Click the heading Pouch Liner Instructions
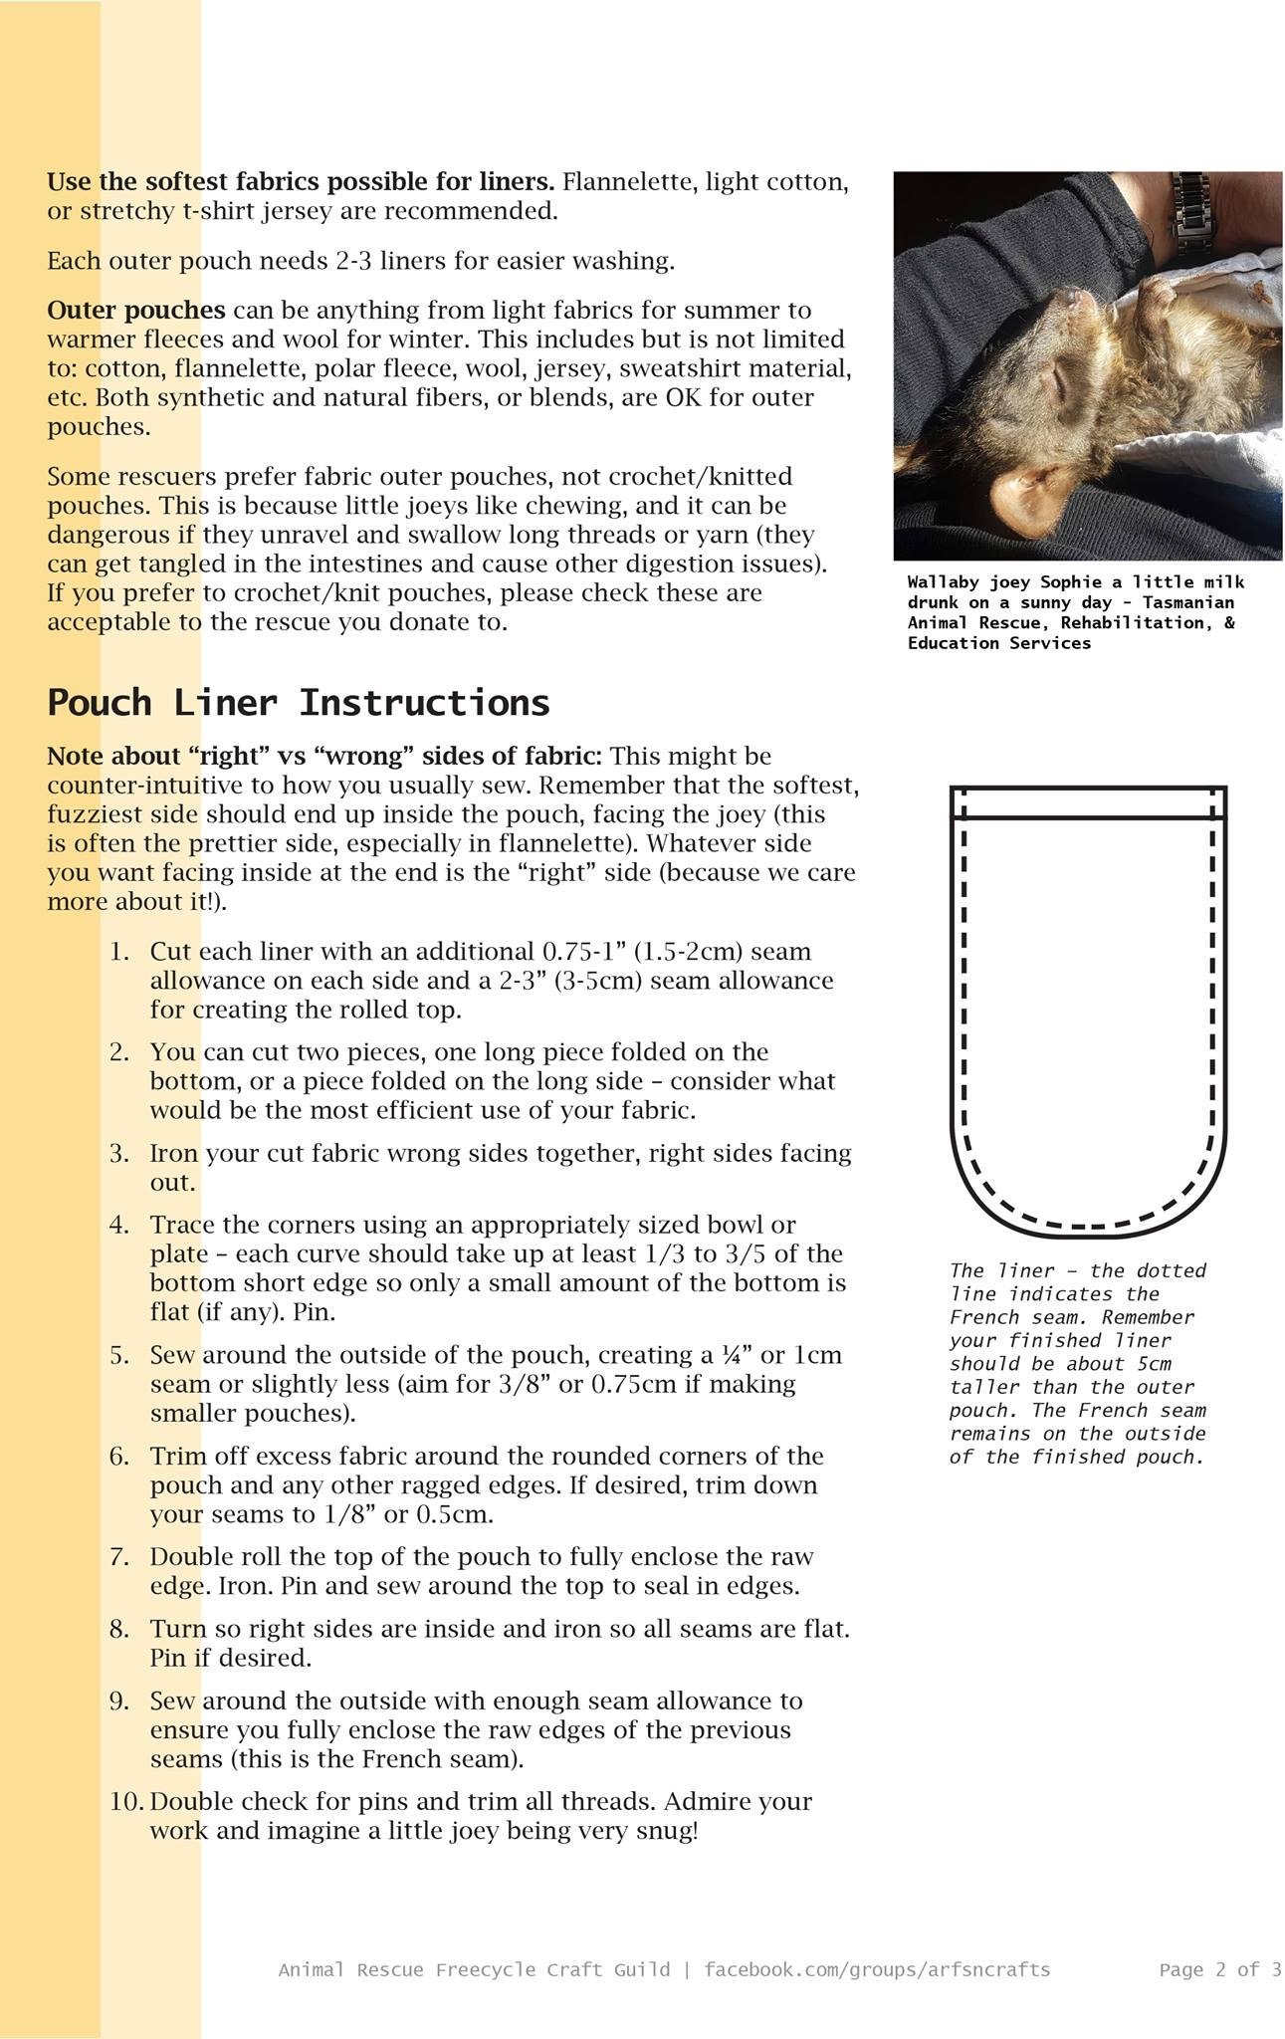(298, 703)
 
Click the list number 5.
(119, 1355)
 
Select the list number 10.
(126, 1801)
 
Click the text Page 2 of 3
(1219, 1969)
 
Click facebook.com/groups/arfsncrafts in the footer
(876, 1969)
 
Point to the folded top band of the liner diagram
(1088, 802)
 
